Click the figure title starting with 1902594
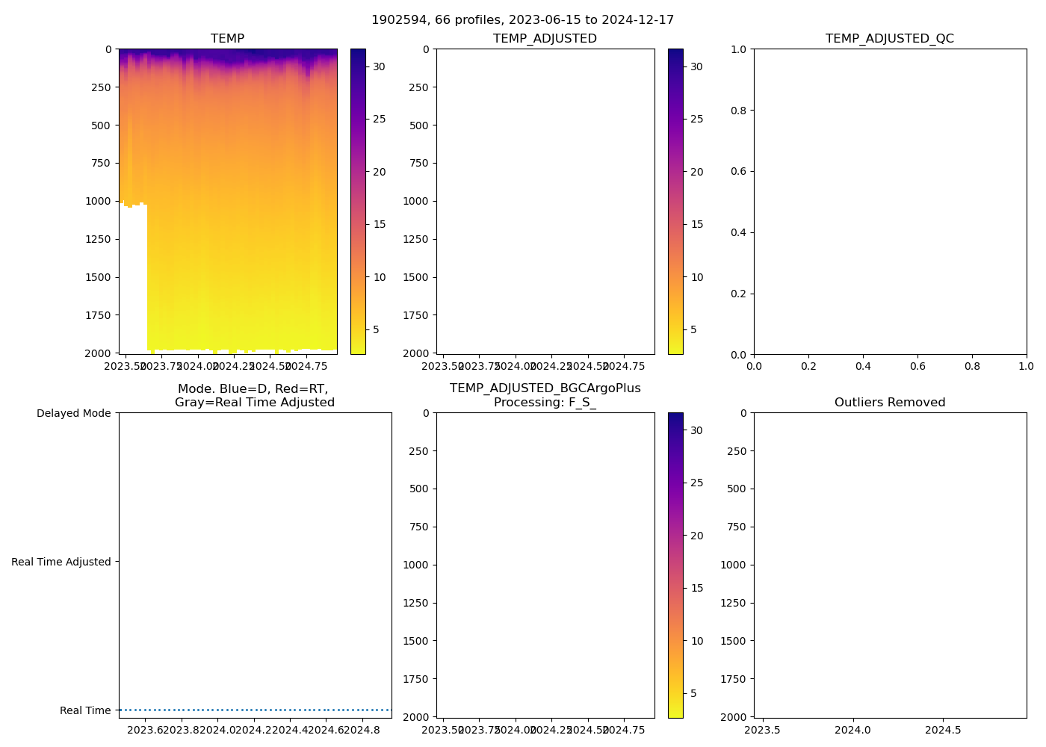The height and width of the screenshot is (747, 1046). point(522,20)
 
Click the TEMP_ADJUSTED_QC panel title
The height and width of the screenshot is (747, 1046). point(889,39)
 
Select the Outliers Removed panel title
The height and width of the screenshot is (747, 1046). point(889,403)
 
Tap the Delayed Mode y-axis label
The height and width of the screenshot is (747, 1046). point(73,414)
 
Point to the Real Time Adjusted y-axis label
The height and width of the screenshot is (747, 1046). point(61,562)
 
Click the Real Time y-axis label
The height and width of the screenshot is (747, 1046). point(85,711)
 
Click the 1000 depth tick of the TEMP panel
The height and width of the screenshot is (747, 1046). point(98,201)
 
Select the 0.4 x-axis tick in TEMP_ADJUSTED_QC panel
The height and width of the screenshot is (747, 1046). point(863,367)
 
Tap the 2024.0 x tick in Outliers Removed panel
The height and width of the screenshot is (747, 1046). point(852,731)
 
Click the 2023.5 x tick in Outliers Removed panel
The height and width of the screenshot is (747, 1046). point(763,731)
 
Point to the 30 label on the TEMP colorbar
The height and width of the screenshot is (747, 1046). point(379,66)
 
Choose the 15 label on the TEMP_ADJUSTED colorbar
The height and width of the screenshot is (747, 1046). point(696,224)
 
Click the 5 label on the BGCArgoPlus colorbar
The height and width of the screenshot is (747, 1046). point(693,693)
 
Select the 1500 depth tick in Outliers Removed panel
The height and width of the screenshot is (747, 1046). point(733,641)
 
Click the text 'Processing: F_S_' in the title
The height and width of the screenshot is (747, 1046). point(545,403)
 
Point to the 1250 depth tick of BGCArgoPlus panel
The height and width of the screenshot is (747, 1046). point(415,603)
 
